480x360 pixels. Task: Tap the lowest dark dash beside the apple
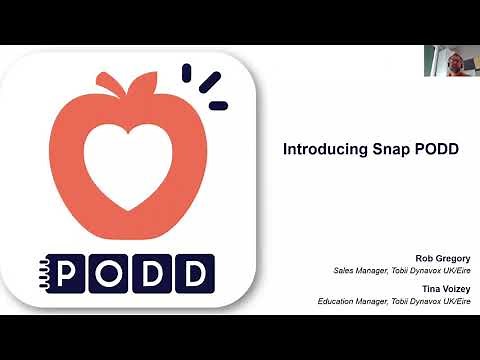[x=218, y=105]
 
